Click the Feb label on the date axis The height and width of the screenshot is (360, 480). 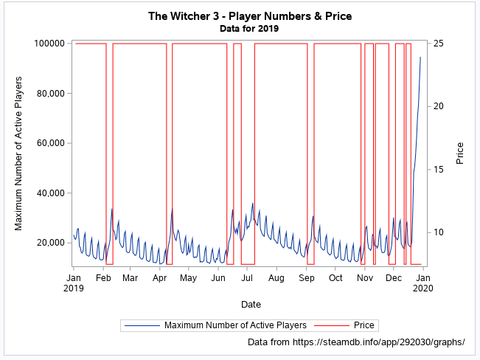tap(103, 278)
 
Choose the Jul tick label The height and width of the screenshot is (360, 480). tap(248, 278)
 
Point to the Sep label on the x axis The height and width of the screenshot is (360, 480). tap(307, 278)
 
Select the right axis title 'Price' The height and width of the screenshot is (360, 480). tap(460, 153)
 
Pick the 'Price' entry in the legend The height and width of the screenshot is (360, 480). tap(364, 325)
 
